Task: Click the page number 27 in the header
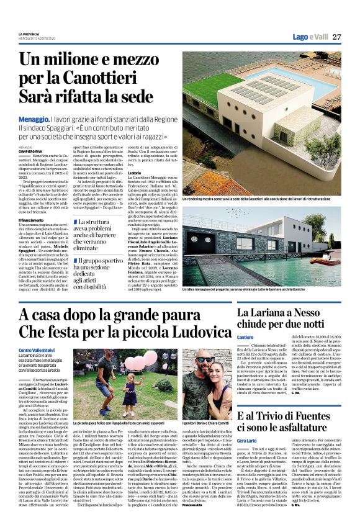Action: click(336, 37)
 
